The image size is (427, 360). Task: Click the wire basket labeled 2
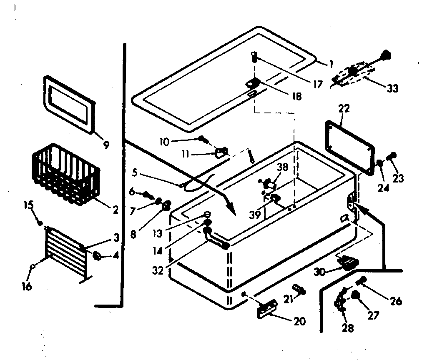[x=66, y=174]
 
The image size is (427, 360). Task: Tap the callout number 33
[x=392, y=88]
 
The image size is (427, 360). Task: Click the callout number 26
[x=396, y=300]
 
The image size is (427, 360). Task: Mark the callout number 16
[x=27, y=287]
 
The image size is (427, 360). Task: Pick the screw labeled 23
[x=392, y=157]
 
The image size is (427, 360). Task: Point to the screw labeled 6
[x=147, y=194]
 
